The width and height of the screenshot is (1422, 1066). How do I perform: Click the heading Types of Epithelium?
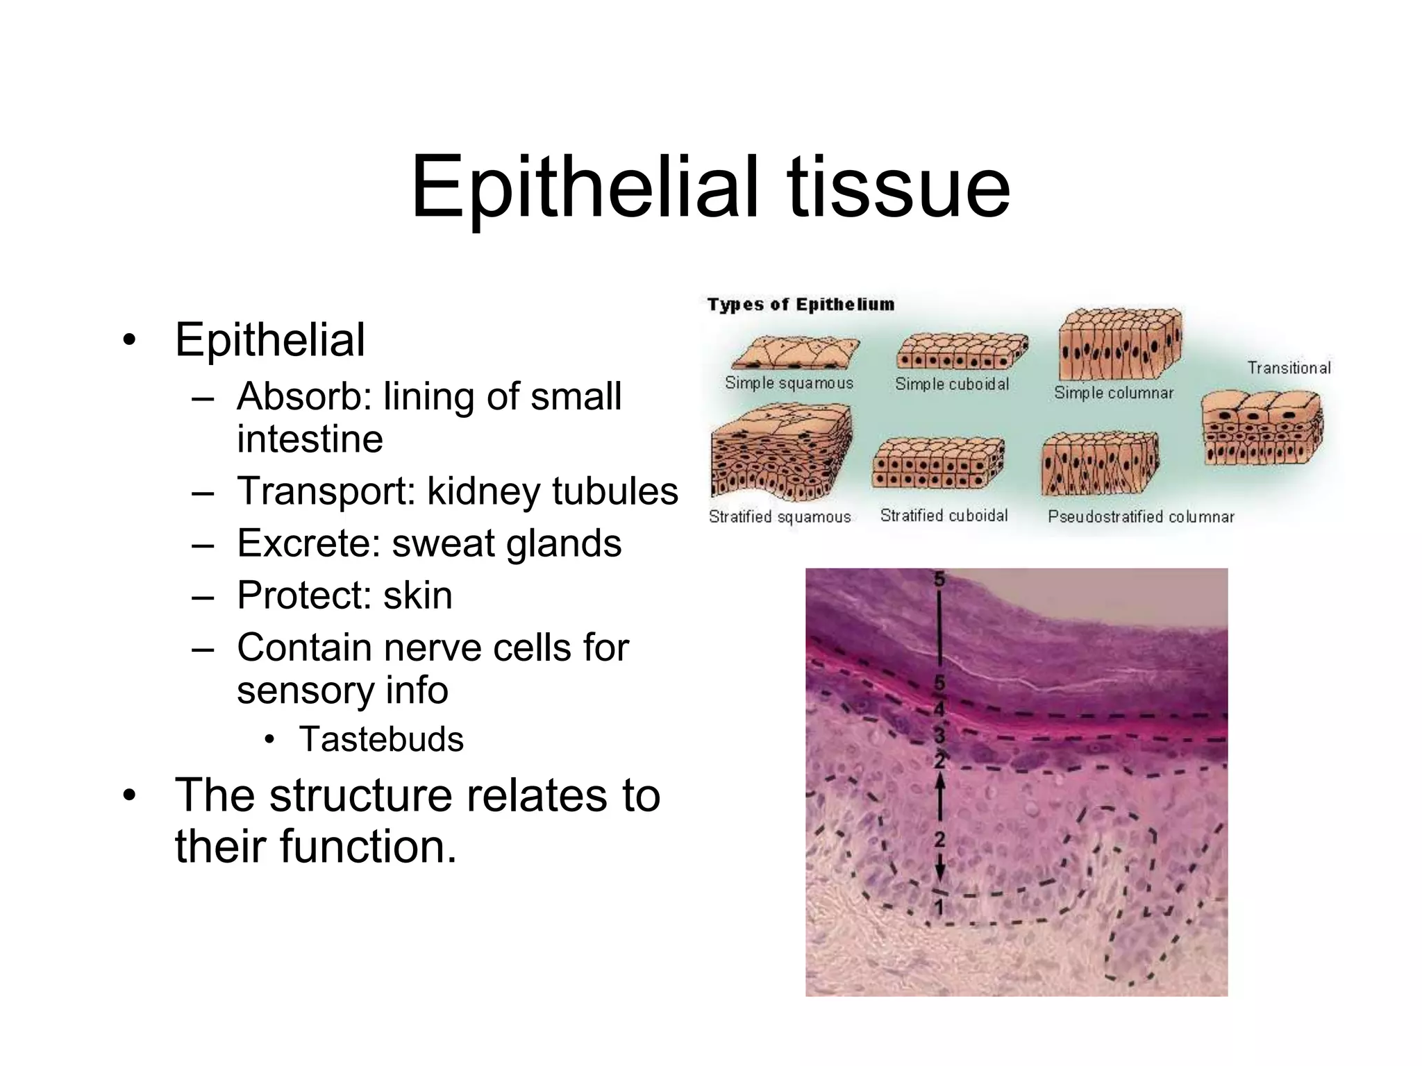pyautogui.click(x=801, y=304)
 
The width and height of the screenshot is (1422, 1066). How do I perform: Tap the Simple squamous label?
pyautogui.click(x=789, y=382)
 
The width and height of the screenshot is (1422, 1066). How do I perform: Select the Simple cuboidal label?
pyautogui.click(x=952, y=384)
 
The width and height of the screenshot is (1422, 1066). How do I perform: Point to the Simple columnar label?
pyautogui.click(x=1114, y=393)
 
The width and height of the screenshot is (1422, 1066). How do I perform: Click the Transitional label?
pyautogui.click(x=1289, y=368)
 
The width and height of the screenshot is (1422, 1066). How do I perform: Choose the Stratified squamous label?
pyautogui.click(x=780, y=517)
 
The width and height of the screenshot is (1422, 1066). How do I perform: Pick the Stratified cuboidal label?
pyautogui.click(x=944, y=516)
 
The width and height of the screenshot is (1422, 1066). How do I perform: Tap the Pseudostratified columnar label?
pyautogui.click(x=1141, y=517)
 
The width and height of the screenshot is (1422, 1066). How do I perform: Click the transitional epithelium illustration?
pyautogui.click(x=1262, y=428)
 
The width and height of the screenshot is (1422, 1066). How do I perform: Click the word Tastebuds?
pyautogui.click(x=381, y=739)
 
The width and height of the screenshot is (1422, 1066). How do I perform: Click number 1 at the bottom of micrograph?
pyautogui.click(x=939, y=906)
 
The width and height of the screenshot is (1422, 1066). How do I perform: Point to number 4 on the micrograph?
pyautogui.click(x=939, y=709)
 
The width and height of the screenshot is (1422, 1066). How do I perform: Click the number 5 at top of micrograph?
pyautogui.click(x=939, y=579)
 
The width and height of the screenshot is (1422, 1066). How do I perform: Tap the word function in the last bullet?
pyautogui.click(x=371, y=847)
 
